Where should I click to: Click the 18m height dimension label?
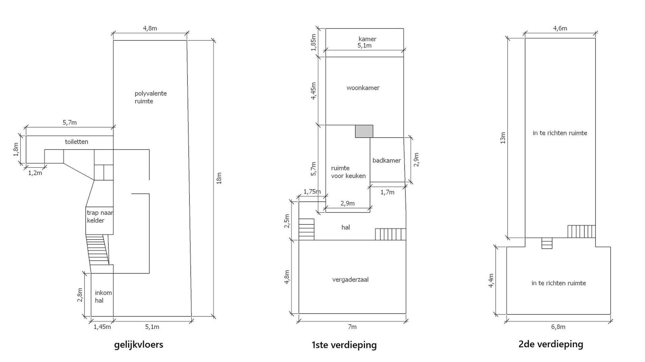[219, 178]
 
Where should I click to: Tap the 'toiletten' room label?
[77, 142]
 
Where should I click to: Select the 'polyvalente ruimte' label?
[150, 97]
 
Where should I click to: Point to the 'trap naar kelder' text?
[100, 217]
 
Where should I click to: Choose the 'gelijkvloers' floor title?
[139, 345]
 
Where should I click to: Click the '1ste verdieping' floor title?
[344, 345]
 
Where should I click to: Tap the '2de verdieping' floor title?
[551, 345]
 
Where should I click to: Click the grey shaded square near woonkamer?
[364, 131]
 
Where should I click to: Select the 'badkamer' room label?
[386, 160]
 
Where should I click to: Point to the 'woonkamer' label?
[363, 88]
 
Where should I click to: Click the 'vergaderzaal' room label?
[350, 280]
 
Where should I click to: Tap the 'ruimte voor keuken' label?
[348, 172]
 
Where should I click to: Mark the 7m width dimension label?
[352, 327]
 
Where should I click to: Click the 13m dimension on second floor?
[503, 138]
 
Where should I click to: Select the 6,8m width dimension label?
[558, 327]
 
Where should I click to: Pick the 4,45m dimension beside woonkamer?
[313, 91]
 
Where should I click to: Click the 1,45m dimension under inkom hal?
[102, 327]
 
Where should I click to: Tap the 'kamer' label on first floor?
[368, 39]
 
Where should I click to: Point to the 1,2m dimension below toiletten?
[35, 173]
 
